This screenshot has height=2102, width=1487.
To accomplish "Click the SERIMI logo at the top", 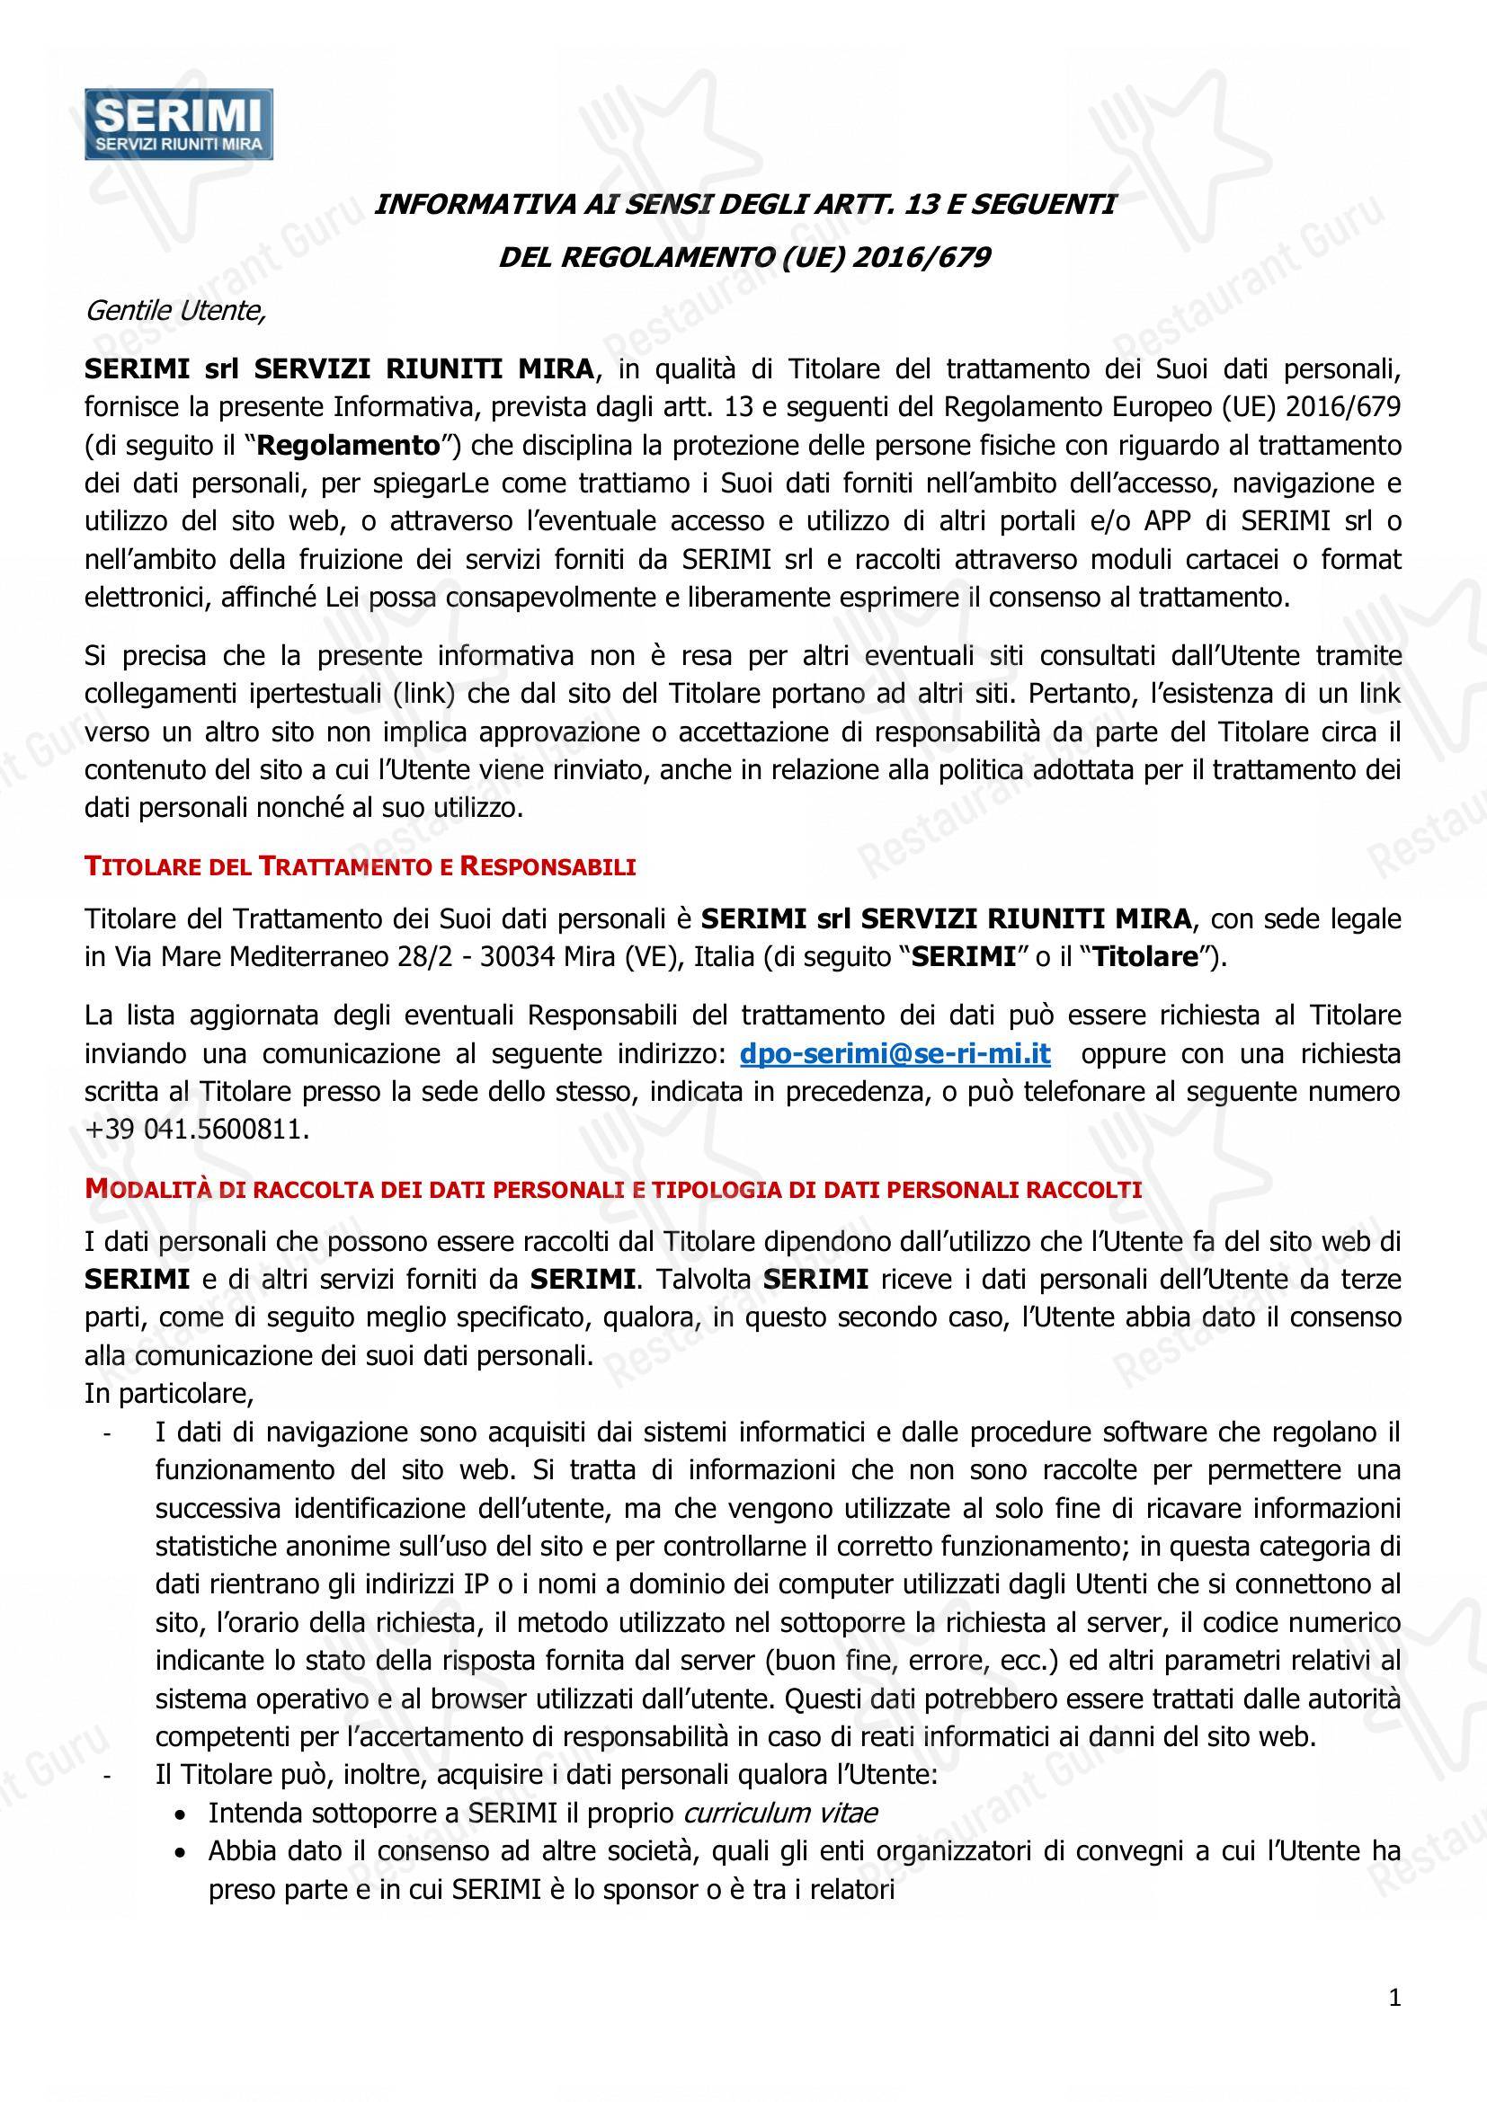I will pyautogui.click(x=179, y=124).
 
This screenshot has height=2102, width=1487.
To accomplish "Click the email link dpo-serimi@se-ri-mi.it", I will pyautogui.click(x=895, y=1054).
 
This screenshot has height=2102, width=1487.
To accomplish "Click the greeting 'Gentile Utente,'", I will pyautogui.click(x=175, y=311).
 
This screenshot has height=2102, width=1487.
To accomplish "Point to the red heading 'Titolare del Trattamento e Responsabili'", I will pyautogui.click(x=360, y=866).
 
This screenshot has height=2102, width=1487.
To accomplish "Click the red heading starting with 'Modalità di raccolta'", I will pyautogui.click(x=612, y=1189).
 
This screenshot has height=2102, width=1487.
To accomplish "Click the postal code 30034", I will pyautogui.click(x=516, y=957).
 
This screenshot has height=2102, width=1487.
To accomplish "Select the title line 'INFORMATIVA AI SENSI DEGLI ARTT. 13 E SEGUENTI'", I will pyautogui.click(x=744, y=204).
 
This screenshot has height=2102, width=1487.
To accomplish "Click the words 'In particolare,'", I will pyautogui.click(x=168, y=1394).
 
